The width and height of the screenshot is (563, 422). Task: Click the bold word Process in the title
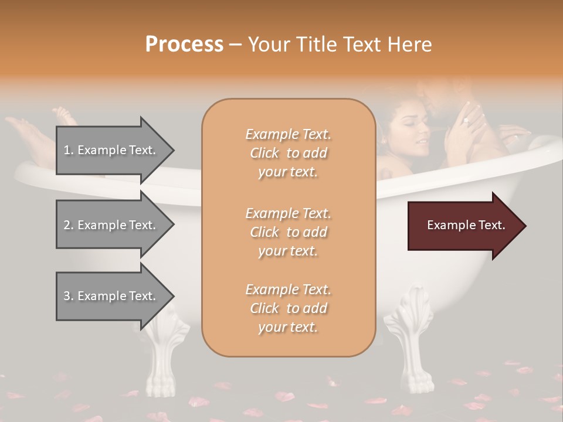coord(184,45)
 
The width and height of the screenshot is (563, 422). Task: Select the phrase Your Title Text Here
coord(340,45)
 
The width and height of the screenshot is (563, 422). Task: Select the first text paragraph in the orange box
coord(288,153)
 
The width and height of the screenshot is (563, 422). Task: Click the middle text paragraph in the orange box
coord(288,232)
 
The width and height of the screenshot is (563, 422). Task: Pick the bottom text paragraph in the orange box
coord(288,308)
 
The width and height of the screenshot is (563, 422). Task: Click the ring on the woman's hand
coord(466,121)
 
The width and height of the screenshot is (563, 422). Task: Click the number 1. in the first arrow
coord(68,150)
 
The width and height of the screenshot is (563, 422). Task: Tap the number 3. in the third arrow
coord(68,296)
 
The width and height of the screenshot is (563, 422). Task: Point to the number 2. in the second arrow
coord(68,225)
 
